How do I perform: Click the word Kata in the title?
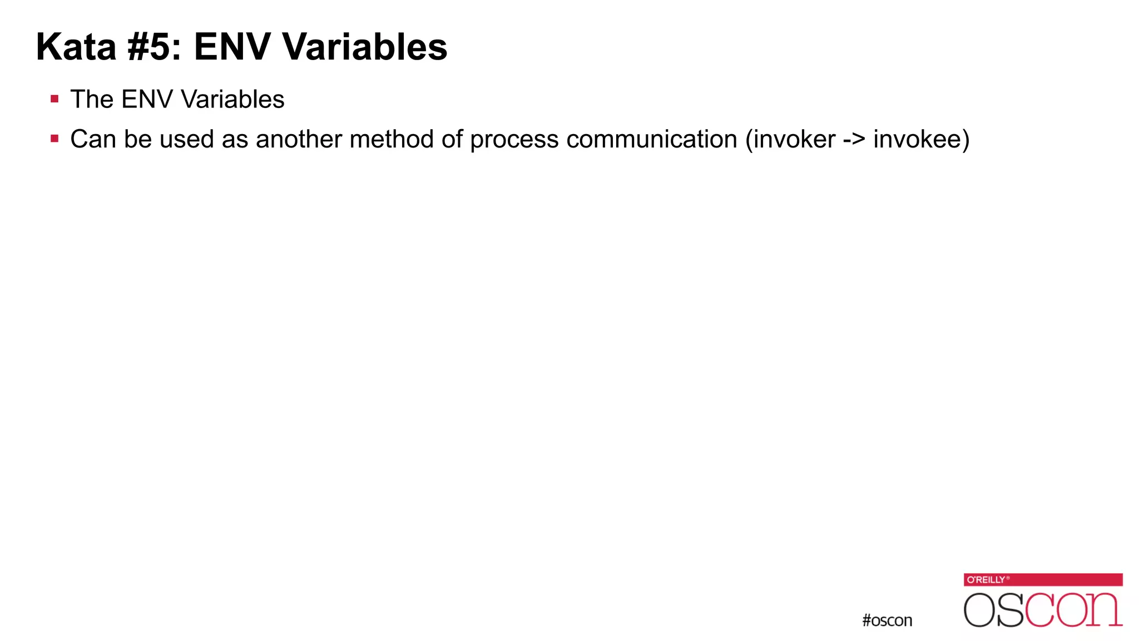76,47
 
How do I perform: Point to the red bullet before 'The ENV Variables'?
55,100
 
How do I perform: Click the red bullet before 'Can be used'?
55,139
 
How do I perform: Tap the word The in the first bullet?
92,100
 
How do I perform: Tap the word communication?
652,139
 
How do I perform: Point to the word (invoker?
790,139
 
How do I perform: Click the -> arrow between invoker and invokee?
854,139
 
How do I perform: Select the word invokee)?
921,139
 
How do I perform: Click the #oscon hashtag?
887,620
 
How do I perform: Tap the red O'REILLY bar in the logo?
1043,580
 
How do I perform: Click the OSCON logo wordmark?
1043,610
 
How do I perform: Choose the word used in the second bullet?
186,139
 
